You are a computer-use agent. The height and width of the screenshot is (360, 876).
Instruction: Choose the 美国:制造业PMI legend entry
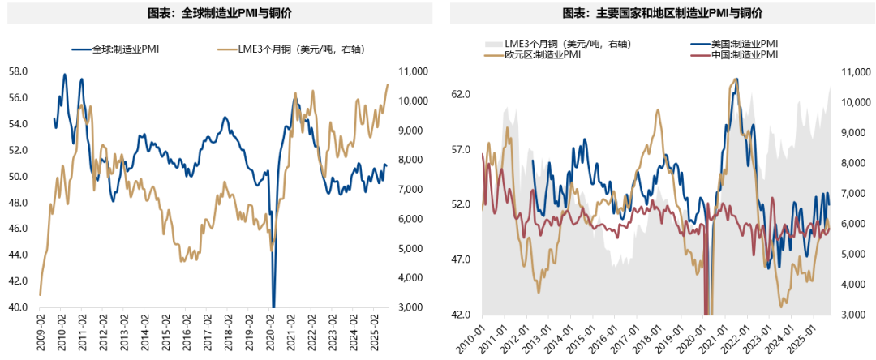pos(733,43)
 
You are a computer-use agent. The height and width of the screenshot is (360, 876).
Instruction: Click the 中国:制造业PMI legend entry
pos(733,54)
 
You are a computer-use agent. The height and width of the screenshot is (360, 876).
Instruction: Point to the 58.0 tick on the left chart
pos(19,71)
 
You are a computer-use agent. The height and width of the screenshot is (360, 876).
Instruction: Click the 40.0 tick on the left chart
pos(19,307)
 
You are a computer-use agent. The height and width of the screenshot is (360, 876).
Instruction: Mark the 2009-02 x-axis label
pos(41,332)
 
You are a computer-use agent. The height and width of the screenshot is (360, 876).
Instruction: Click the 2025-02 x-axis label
pos(376,332)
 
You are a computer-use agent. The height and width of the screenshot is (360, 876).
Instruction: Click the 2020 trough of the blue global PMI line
pos(273,305)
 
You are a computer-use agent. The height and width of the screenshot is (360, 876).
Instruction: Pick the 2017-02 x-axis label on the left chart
pos(208,332)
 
